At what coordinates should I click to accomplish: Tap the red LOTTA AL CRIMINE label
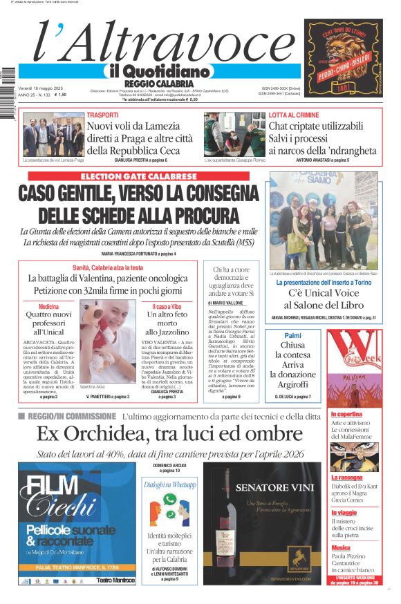pyautogui.click(x=294, y=115)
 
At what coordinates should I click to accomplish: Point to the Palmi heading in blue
pyautogui.click(x=292, y=335)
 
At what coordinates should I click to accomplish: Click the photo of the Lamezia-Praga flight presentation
pyautogui.click(x=53, y=134)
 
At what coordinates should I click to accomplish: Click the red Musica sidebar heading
pyautogui.click(x=341, y=548)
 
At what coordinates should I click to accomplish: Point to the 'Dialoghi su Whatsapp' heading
pyautogui.click(x=170, y=485)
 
